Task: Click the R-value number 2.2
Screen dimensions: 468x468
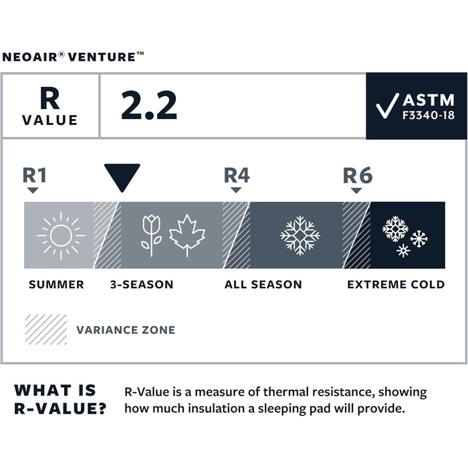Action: (x=149, y=106)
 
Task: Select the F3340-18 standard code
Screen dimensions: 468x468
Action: (x=428, y=116)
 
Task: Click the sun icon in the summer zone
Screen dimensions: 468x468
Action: (x=60, y=235)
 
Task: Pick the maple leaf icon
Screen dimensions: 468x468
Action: (x=187, y=235)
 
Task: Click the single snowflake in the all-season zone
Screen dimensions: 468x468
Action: (x=300, y=235)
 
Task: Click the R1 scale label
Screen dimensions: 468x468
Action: (x=35, y=175)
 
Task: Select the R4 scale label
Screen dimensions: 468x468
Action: (x=236, y=175)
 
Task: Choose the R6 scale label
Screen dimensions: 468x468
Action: (x=357, y=175)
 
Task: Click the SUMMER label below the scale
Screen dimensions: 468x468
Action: (x=56, y=285)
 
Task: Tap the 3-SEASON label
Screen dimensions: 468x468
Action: (x=142, y=285)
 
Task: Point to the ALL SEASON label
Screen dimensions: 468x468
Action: (x=263, y=285)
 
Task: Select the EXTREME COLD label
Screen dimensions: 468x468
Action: (x=396, y=285)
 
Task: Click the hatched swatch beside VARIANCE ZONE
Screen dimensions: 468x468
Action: (x=45, y=329)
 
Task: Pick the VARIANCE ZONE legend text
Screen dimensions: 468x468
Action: (x=126, y=330)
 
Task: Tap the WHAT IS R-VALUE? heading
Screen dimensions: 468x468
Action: (x=60, y=400)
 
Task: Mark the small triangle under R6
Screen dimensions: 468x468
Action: (x=356, y=191)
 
